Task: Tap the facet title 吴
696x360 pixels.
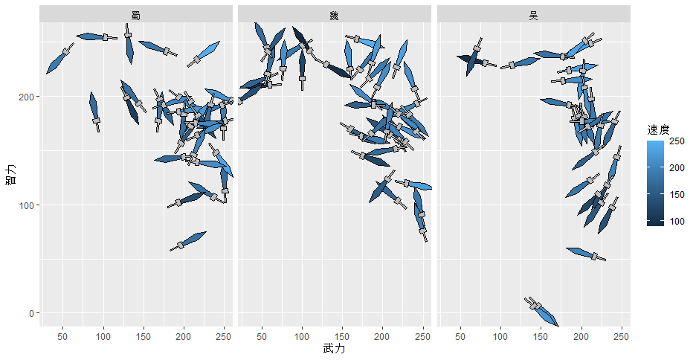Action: pyautogui.click(x=533, y=15)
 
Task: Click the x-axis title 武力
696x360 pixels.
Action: pyautogui.click(x=334, y=348)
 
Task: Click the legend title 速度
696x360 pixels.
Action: pyautogui.click(x=659, y=129)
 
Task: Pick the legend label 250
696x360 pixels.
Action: pyautogui.click(x=676, y=141)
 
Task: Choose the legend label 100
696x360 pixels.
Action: pyautogui.click(x=676, y=221)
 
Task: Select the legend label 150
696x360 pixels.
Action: pyautogui.click(x=676, y=194)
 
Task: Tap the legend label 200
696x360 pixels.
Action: pyautogui.click(x=676, y=168)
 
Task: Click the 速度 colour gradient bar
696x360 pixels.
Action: pyautogui.click(x=655, y=181)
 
